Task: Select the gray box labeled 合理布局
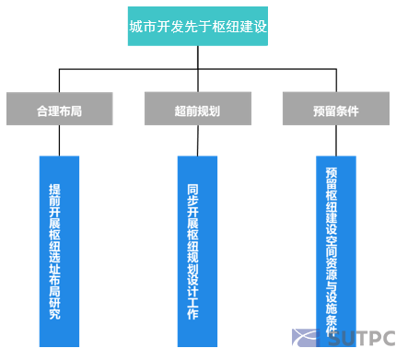tap(60, 110)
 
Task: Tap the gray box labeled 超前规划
tap(197, 110)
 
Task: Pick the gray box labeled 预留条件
tap(335, 110)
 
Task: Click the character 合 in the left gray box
tap(42, 110)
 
